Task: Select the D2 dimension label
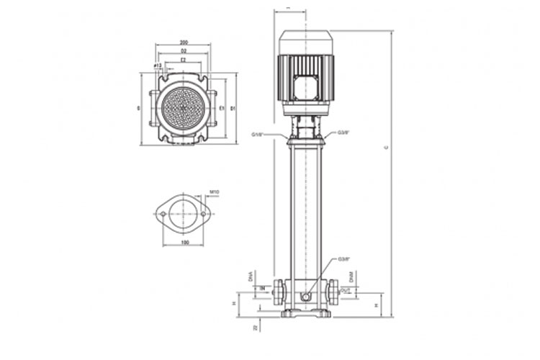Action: coord(184,52)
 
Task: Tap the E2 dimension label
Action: coord(184,60)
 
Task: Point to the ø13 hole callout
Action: coord(158,66)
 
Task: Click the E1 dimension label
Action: coord(222,108)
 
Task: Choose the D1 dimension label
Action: coord(233,108)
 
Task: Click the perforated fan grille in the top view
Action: coord(183,107)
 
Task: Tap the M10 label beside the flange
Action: coord(214,192)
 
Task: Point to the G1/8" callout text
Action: coord(259,135)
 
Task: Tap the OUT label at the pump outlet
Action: coord(346,290)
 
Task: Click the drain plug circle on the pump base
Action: coord(307,297)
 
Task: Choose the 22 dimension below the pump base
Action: coord(256,328)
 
